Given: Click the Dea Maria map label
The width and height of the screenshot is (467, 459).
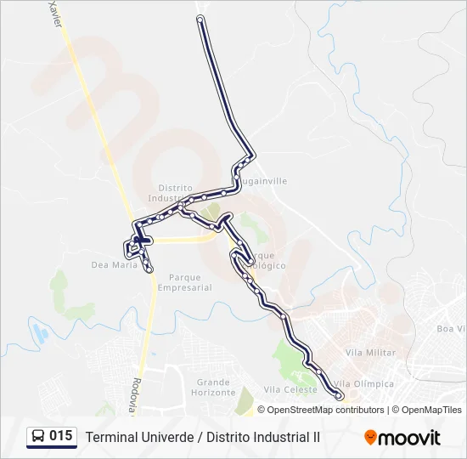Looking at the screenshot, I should point(114,265).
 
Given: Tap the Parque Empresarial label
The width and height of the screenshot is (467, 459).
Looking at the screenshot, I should point(190,282).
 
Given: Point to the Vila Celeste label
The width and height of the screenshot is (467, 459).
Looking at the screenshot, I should point(290,390).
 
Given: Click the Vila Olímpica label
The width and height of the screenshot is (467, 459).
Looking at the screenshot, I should point(365,384).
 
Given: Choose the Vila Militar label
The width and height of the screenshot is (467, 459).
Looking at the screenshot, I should point(371,352).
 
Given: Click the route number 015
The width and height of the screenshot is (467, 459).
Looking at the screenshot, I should point(60,436).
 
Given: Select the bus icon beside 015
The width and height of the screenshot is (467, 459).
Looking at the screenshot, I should point(38,437).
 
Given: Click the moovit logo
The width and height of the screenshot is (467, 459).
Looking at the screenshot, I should point(402,438).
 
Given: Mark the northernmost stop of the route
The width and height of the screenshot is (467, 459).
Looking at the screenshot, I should point(200,19).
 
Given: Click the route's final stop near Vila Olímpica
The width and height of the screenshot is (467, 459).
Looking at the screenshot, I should point(339,395).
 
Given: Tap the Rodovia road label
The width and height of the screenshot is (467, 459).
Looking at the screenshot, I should point(135,395).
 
